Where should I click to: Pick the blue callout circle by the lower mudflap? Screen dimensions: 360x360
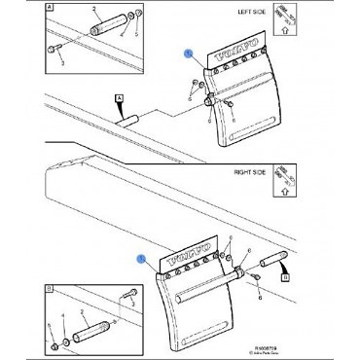142,259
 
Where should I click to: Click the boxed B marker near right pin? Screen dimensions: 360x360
284,276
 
